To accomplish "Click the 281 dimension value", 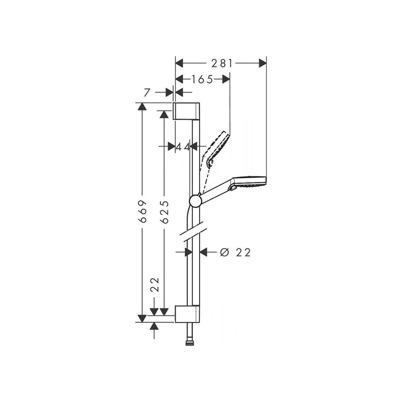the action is point(222,64).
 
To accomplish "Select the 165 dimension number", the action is point(203,80).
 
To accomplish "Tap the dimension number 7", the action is point(146,92).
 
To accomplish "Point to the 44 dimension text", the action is point(183,147).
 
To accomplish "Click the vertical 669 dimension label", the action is point(142,211).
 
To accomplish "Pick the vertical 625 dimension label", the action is point(164,212).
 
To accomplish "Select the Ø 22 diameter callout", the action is point(235,252).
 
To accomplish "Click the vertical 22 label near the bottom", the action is point(155,285).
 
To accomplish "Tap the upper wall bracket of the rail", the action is point(187,111).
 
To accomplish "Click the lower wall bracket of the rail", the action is point(187,314).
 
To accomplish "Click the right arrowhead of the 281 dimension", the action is point(263,63).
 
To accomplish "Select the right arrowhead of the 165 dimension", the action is point(226,79).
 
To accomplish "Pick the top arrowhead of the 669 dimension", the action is point(142,107).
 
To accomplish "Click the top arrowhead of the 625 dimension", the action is point(164,114).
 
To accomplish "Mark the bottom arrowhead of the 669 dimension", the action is point(142,318).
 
